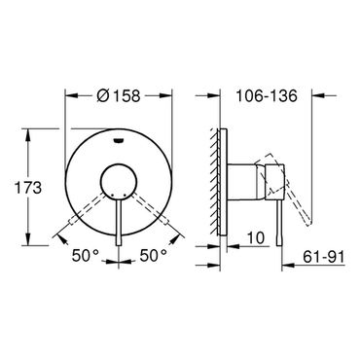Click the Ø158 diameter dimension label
pos(119,95)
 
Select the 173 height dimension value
pos(28,188)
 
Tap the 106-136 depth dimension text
pos(267,95)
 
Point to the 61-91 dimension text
pos(323,257)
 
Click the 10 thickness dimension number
pos(256,238)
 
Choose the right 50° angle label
pos(154,256)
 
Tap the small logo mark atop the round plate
pos(119,140)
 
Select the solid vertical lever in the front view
pos(119,221)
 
